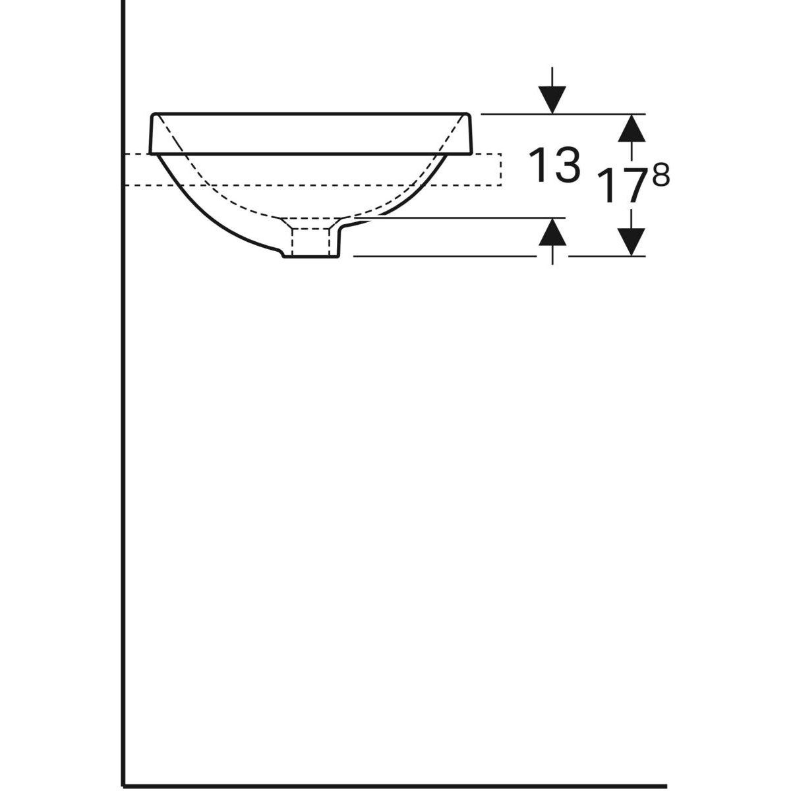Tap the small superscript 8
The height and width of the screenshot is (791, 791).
coord(661,176)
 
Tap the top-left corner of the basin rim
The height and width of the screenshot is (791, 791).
coord(154,114)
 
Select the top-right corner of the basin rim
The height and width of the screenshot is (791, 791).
coord(468,114)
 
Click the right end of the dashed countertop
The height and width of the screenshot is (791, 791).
coord(501,169)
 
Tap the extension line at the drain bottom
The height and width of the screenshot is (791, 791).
coord(448,256)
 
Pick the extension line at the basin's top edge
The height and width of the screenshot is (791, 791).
coord(514,114)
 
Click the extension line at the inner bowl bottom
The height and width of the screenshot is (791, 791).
coord(461,217)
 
